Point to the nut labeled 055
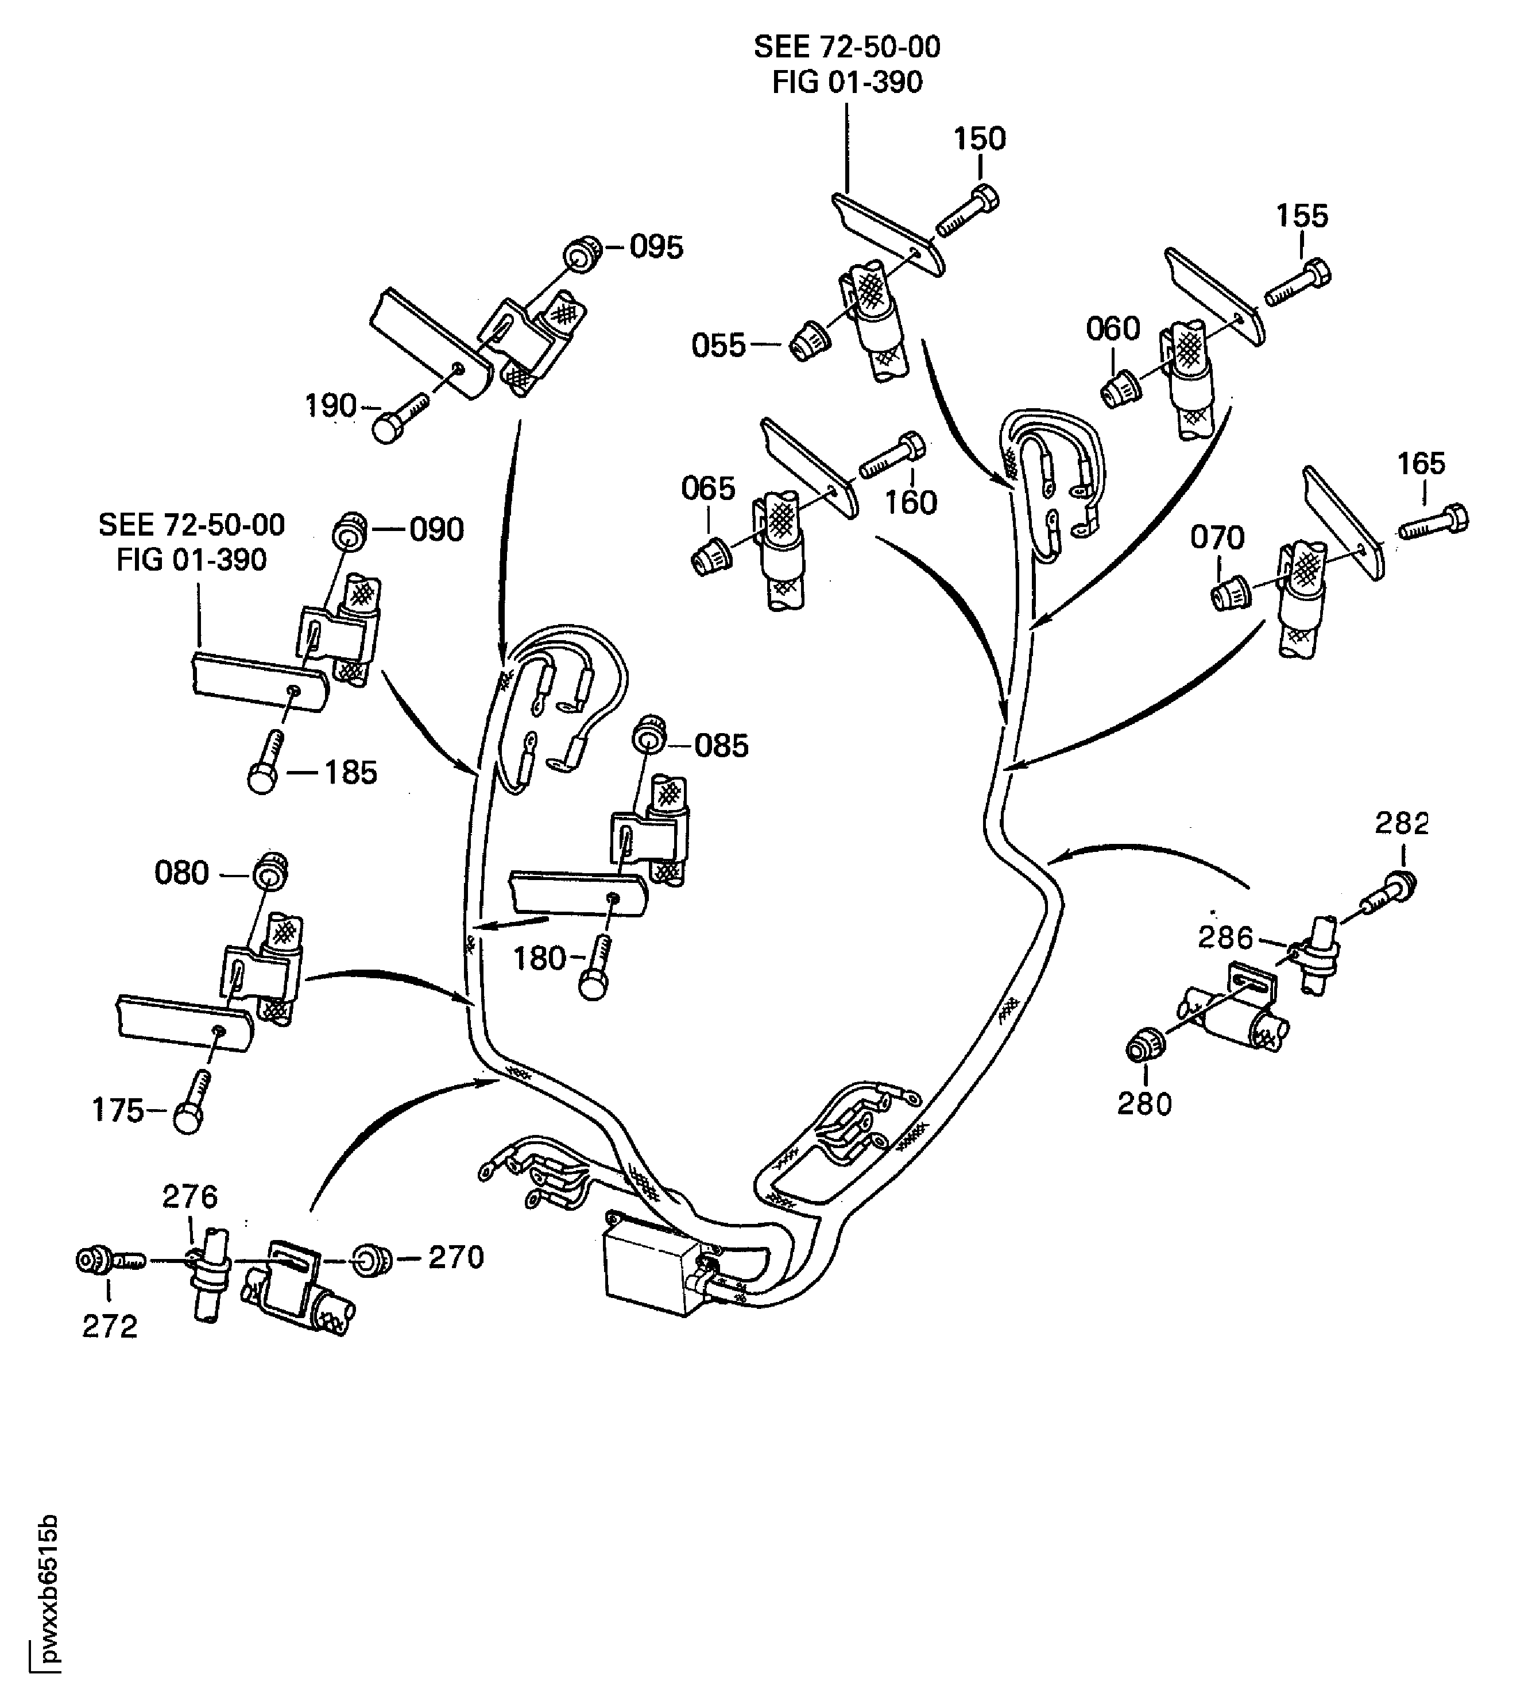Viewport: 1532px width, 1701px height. [811, 339]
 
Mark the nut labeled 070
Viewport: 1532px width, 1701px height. [1232, 594]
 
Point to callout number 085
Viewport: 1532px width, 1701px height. [721, 746]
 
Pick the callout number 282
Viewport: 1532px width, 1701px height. [1402, 823]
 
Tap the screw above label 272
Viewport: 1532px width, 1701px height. [105, 1260]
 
